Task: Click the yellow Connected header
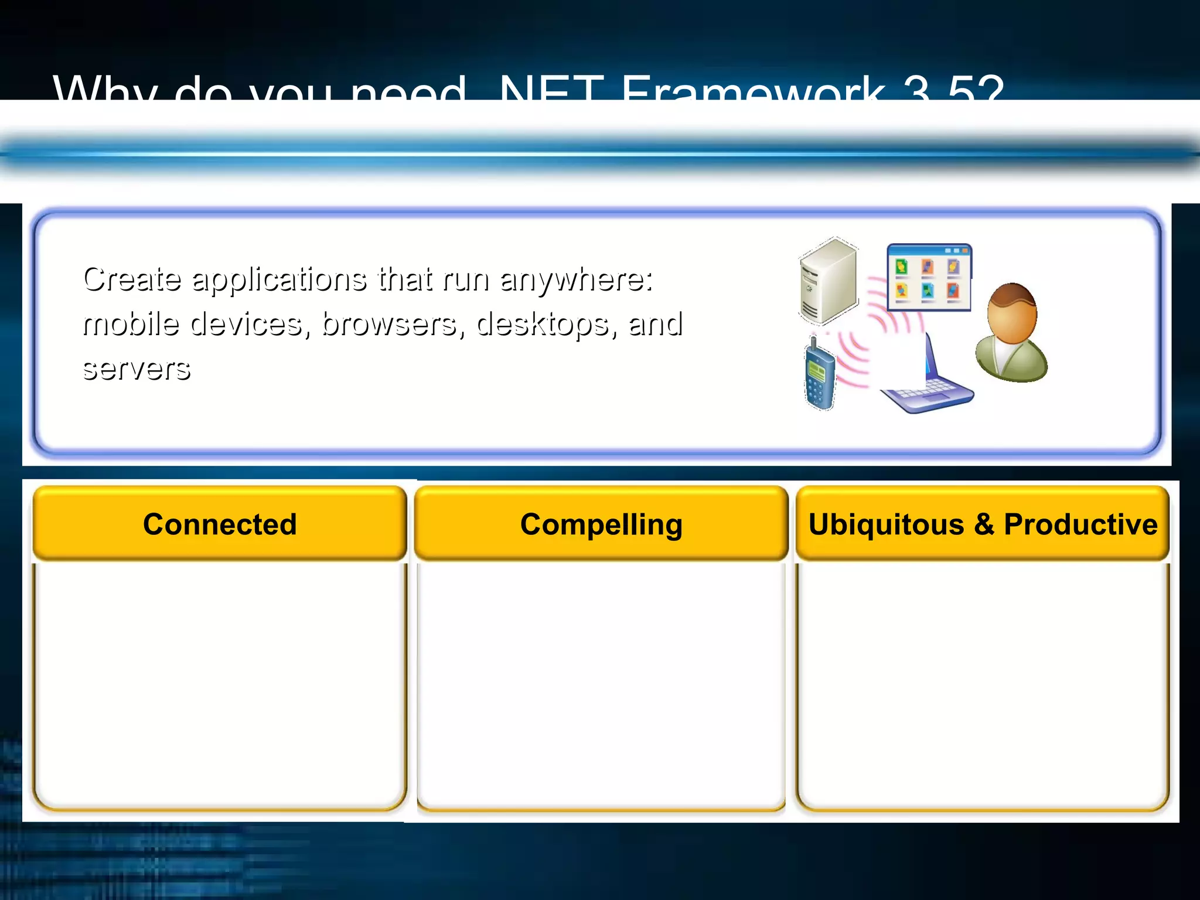(x=220, y=523)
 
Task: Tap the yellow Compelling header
(x=601, y=523)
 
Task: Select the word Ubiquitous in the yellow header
(x=886, y=524)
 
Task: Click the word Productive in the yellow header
(x=1080, y=524)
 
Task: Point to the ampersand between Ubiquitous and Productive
(x=984, y=524)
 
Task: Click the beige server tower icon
(x=829, y=281)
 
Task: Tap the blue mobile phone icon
(x=819, y=375)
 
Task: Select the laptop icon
(x=929, y=387)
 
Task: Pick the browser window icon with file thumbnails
(x=929, y=277)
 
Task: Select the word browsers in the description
(x=388, y=324)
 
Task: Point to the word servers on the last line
(x=137, y=369)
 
